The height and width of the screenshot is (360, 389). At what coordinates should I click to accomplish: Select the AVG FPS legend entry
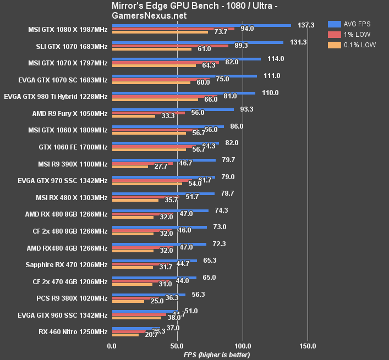361,24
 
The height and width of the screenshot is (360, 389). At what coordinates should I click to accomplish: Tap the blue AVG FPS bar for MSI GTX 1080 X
201,25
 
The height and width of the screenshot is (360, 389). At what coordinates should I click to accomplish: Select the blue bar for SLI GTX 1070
198,42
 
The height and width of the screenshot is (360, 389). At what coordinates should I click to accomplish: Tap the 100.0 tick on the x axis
243,346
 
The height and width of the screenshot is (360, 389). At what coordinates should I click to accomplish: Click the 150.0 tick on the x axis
308,346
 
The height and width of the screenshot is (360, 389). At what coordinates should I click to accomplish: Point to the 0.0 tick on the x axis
112,346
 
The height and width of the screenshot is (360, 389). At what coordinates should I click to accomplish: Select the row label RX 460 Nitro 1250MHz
73,331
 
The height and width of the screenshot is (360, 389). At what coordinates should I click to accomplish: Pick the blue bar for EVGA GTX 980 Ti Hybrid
183,93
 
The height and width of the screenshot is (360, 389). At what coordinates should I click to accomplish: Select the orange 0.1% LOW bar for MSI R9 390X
130,167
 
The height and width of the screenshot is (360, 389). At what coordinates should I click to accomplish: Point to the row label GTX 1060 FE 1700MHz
74,147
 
